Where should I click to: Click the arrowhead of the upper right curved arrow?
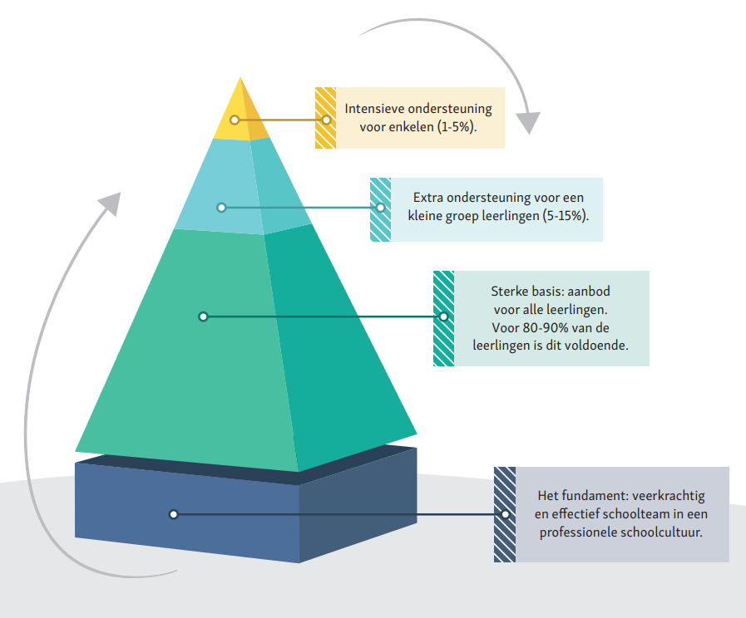(526, 122)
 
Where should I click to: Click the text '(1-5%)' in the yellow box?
(457, 128)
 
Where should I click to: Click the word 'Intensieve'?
(376, 109)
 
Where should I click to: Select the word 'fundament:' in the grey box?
(596, 496)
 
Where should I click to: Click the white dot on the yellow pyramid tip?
(235, 120)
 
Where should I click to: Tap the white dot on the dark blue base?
(173, 514)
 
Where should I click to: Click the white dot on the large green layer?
(203, 316)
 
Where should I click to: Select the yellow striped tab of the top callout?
(325, 118)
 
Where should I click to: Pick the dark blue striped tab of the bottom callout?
(504, 514)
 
